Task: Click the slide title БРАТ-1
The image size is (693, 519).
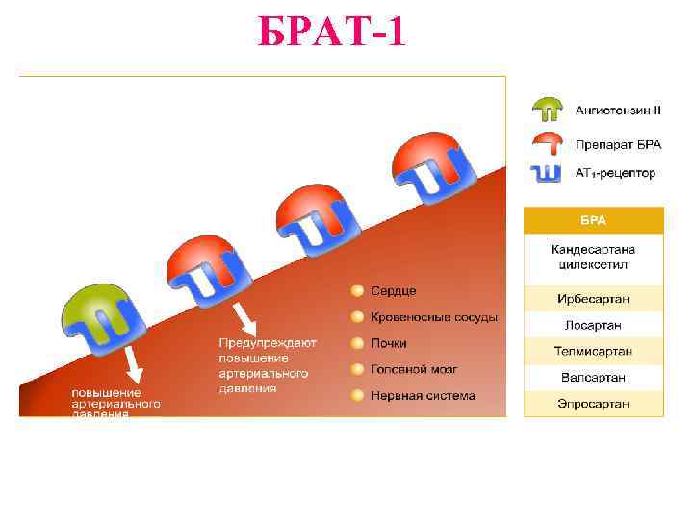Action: [331, 33]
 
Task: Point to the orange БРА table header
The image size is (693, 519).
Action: [593, 220]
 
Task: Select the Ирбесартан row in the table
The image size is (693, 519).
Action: [593, 299]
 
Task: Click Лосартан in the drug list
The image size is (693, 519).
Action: [593, 325]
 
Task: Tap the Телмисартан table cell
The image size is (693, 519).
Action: [593, 351]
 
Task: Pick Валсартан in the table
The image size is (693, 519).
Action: [593, 377]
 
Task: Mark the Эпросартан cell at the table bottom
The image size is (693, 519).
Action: [593, 404]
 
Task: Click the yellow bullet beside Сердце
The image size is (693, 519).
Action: [357, 290]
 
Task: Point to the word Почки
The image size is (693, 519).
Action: [389, 343]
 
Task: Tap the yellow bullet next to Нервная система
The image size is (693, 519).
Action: [357, 395]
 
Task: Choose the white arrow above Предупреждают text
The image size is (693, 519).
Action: [244, 316]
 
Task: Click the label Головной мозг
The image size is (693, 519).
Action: [414, 369]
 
